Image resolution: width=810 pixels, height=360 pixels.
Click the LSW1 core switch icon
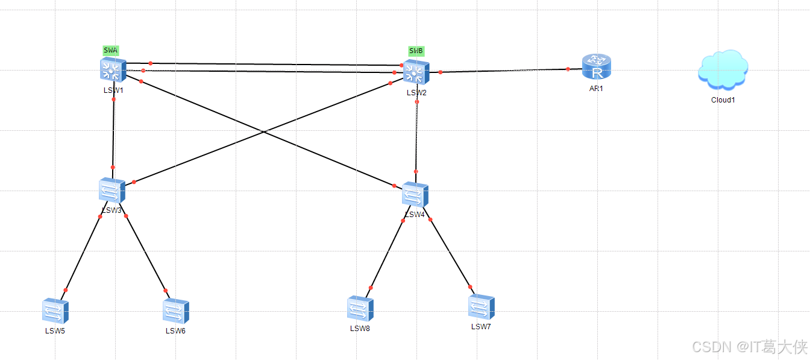tap(113, 70)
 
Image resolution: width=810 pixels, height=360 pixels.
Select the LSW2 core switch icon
tap(416, 72)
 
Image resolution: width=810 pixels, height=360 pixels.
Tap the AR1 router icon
tap(597, 67)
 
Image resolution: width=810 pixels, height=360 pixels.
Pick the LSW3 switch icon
tap(112, 191)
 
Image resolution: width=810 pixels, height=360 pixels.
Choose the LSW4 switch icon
tap(415, 195)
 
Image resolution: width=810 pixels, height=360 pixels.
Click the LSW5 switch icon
tap(55, 311)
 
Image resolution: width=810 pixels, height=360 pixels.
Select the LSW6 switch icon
tap(176, 311)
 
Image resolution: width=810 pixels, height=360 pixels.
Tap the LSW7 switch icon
tap(481, 307)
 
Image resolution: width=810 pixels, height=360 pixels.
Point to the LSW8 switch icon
tap(360, 308)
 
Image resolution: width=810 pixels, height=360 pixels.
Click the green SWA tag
tap(111, 51)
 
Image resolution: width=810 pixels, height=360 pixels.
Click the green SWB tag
tap(416, 51)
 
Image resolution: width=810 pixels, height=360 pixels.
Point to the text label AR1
tap(596, 88)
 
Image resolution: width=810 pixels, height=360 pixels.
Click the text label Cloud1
tap(723, 100)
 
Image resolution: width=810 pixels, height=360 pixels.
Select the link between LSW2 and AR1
tap(504, 71)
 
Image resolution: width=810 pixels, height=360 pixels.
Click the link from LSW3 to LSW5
tap(83, 253)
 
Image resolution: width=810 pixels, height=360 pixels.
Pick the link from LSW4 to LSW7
tap(450, 253)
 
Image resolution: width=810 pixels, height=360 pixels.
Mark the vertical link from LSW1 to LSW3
tap(113, 133)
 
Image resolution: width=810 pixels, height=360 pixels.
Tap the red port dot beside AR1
tap(568, 69)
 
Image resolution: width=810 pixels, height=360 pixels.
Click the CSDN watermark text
tap(749, 347)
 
